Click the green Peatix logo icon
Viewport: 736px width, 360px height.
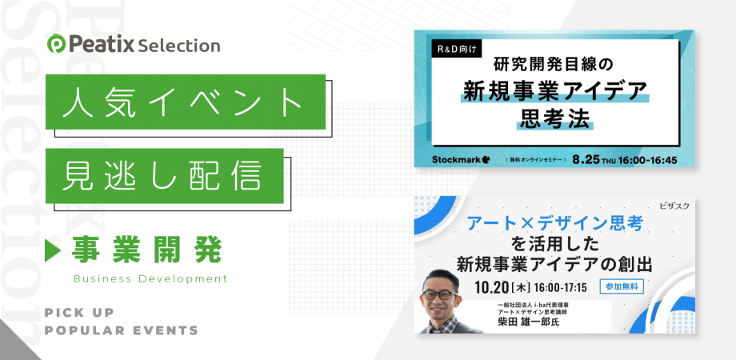click(56, 44)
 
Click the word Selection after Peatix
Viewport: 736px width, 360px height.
click(178, 46)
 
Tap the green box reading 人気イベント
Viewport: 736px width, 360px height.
click(186, 102)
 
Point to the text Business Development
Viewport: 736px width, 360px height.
click(150, 279)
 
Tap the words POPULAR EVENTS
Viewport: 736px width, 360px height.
click(122, 329)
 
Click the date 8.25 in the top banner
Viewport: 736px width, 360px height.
click(590, 159)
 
